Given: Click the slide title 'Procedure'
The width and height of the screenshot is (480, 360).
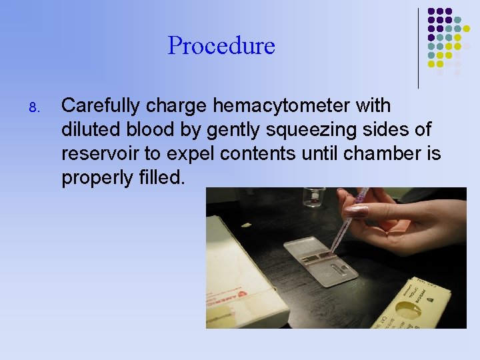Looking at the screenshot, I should click(221, 46).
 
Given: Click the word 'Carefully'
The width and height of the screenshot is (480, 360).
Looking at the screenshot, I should click(101, 106).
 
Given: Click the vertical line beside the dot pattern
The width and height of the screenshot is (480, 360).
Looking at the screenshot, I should click(418, 48).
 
